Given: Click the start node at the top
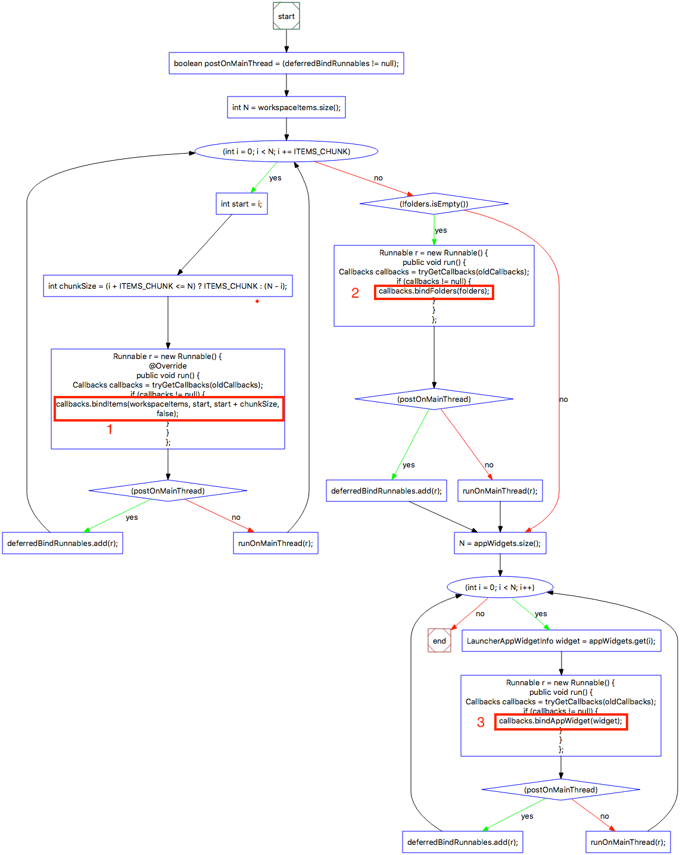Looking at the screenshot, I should click(286, 16).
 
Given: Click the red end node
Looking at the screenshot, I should click(439, 641).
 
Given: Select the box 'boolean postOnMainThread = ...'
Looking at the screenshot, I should click(286, 63).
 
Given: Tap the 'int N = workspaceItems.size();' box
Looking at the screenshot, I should click(286, 107).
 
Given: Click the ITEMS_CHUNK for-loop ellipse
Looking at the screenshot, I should click(286, 151).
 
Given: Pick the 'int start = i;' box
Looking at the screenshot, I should click(241, 204).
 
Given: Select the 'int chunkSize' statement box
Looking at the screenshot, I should click(167, 286).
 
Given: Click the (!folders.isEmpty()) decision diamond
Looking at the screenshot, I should click(433, 204).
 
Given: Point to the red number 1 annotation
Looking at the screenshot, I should click(110, 429).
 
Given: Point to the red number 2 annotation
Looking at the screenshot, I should click(355, 293).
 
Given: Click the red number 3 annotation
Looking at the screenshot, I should click(481, 722).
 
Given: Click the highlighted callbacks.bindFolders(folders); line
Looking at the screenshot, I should click(434, 292).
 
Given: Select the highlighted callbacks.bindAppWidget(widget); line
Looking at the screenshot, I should click(560, 722).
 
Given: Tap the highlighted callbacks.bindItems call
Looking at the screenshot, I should click(169, 408).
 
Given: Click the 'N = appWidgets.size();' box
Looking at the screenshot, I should click(500, 543).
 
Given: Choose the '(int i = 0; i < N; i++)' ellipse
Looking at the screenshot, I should click(500, 587).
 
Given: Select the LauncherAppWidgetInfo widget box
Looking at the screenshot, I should click(561, 641).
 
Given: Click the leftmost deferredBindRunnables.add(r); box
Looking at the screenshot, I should click(63, 543).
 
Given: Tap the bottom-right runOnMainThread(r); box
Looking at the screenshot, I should click(628, 842).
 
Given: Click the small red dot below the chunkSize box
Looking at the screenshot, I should click(257, 301).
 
